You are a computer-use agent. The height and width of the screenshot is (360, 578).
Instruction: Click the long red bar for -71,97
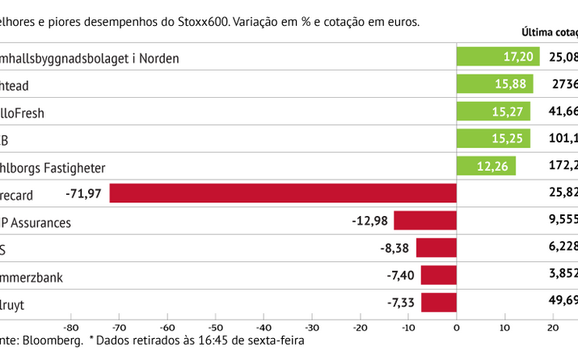coord(283,193)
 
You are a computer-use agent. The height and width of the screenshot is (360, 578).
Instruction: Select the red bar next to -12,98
coord(425,221)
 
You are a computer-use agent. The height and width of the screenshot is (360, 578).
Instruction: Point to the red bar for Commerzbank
coord(439,276)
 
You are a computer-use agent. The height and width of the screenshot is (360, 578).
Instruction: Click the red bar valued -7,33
coord(439,303)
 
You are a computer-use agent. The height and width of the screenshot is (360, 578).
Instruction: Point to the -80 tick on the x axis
coord(70,327)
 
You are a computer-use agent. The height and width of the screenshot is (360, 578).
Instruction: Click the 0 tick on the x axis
coord(457,327)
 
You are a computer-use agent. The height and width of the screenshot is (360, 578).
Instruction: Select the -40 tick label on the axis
coord(264,327)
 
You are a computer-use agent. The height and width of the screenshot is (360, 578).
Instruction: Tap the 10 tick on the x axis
coord(504,327)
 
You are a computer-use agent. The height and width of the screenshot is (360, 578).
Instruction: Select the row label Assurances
coord(40,222)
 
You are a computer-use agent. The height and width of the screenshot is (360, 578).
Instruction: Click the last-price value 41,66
coord(563,112)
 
